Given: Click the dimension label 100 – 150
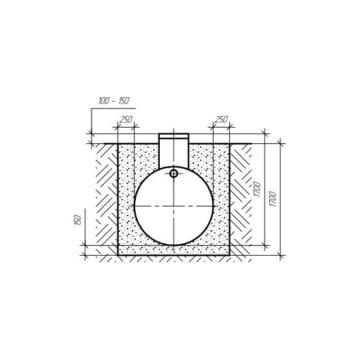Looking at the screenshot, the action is [x=114, y=101].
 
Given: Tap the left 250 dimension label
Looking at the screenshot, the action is [x=126, y=119].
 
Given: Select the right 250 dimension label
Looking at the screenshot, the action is [x=221, y=119].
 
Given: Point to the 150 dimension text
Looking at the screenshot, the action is [x=78, y=220].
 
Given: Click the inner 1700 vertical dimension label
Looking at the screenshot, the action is [x=258, y=189].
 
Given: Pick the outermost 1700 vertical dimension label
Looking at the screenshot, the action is [x=272, y=199].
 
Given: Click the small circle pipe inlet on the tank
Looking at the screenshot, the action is [x=174, y=174].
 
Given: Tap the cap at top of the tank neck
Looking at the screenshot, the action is [x=174, y=136].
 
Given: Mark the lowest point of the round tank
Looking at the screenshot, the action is [x=174, y=246].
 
